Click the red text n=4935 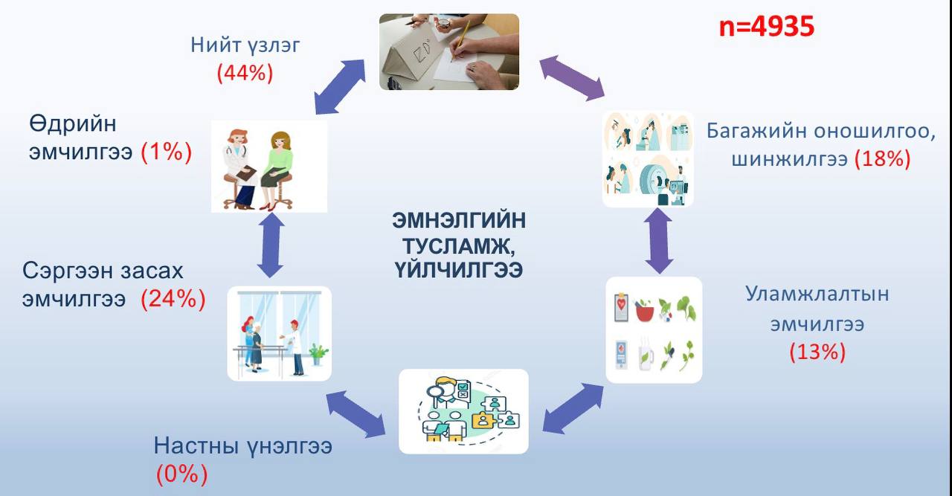(x=766, y=27)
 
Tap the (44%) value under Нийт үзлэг (x=245, y=73)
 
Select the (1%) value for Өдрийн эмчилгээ (x=167, y=152)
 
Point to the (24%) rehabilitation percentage (x=173, y=299)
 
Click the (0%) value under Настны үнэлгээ (x=181, y=474)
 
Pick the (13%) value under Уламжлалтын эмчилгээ (x=817, y=351)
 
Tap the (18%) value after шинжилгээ (x=882, y=158)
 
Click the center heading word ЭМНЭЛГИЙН (x=459, y=221)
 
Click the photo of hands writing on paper (x=448, y=52)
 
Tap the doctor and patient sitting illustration (x=268, y=167)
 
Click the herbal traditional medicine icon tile (x=653, y=329)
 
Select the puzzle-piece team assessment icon (x=463, y=410)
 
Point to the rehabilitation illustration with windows (x=279, y=333)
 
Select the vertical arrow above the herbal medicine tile (x=658, y=241)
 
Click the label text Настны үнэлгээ (x=242, y=447)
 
